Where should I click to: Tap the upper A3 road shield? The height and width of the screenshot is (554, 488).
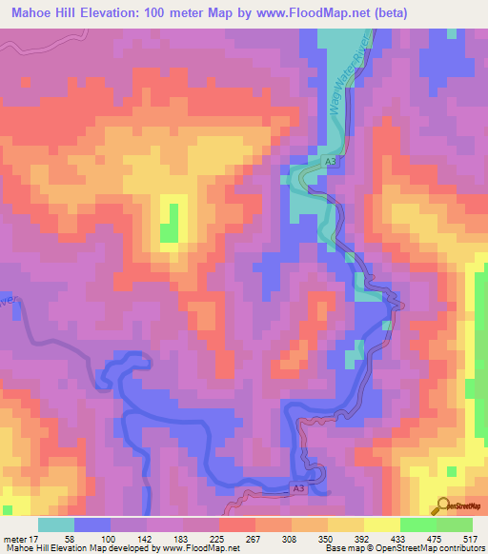click(330, 164)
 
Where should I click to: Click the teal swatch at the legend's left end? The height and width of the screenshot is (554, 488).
click(55, 524)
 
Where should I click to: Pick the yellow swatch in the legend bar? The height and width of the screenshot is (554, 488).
click(381, 524)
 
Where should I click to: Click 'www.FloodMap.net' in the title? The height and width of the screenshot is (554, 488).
click(312, 12)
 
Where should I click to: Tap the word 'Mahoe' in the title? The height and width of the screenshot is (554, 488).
click(33, 12)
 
